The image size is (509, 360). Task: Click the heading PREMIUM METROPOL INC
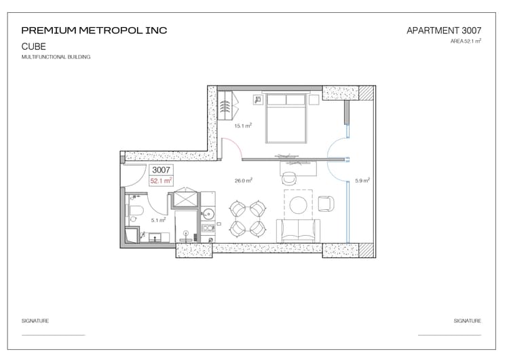pyautogui.click(x=94, y=31)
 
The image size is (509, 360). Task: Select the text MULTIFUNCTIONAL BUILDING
pyautogui.click(x=56, y=57)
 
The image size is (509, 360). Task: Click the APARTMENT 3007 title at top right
pyautogui.click(x=443, y=31)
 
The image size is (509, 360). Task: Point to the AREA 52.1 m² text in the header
pyautogui.click(x=466, y=41)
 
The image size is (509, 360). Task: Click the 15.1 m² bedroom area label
pyautogui.click(x=243, y=126)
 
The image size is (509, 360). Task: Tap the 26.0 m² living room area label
pyautogui.click(x=244, y=181)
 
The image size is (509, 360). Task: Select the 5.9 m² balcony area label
pyautogui.click(x=362, y=181)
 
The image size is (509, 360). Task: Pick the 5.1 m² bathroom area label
pyautogui.click(x=157, y=220)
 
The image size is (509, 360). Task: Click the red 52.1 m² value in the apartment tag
pyautogui.click(x=162, y=181)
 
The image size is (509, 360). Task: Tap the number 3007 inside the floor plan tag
pyautogui.click(x=162, y=170)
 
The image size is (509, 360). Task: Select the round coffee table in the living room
pyautogui.click(x=299, y=204)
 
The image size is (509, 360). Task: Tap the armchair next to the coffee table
pyautogui.click(x=326, y=203)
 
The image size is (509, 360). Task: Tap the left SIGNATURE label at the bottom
pyautogui.click(x=35, y=321)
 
